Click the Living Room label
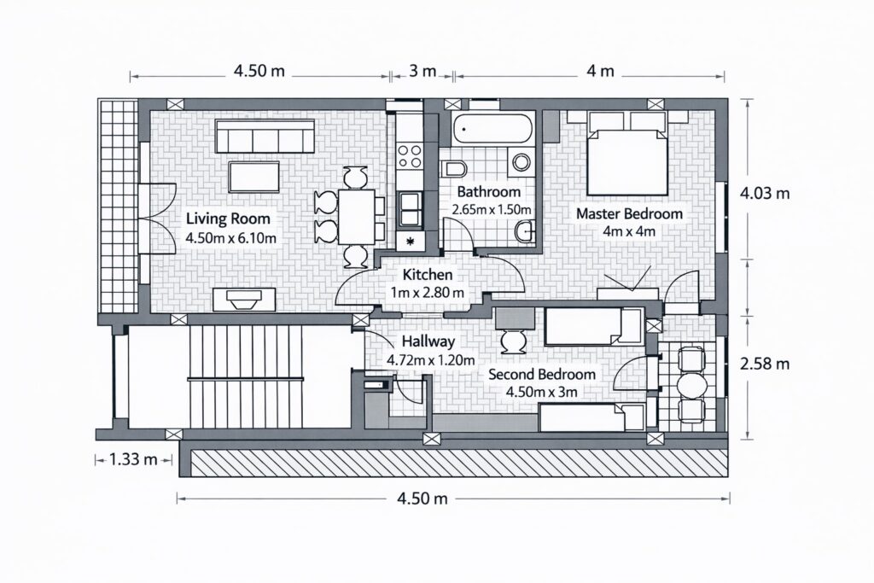pyautogui.click(x=228, y=219)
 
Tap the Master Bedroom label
pyautogui.click(x=629, y=213)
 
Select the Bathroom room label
pyautogui.click(x=489, y=192)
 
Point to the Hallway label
pyautogui.click(x=428, y=341)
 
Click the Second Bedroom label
pyautogui.click(x=542, y=375)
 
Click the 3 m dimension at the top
pyautogui.click(x=422, y=72)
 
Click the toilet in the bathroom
pyautogui.click(x=453, y=169)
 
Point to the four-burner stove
pyautogui.click(x=410, y=156)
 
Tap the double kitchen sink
pyautogui.click(x=410, y=208)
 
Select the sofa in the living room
pyautogui.click(x=265, y=136)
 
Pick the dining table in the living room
pyautogui.click(x=356, y=216)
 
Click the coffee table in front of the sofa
pyautogui.click(x=253, y=178)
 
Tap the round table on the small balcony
pyautogui.click(x=690, y=384)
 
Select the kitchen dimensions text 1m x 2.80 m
pyautogui.click(x=428, y=292)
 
